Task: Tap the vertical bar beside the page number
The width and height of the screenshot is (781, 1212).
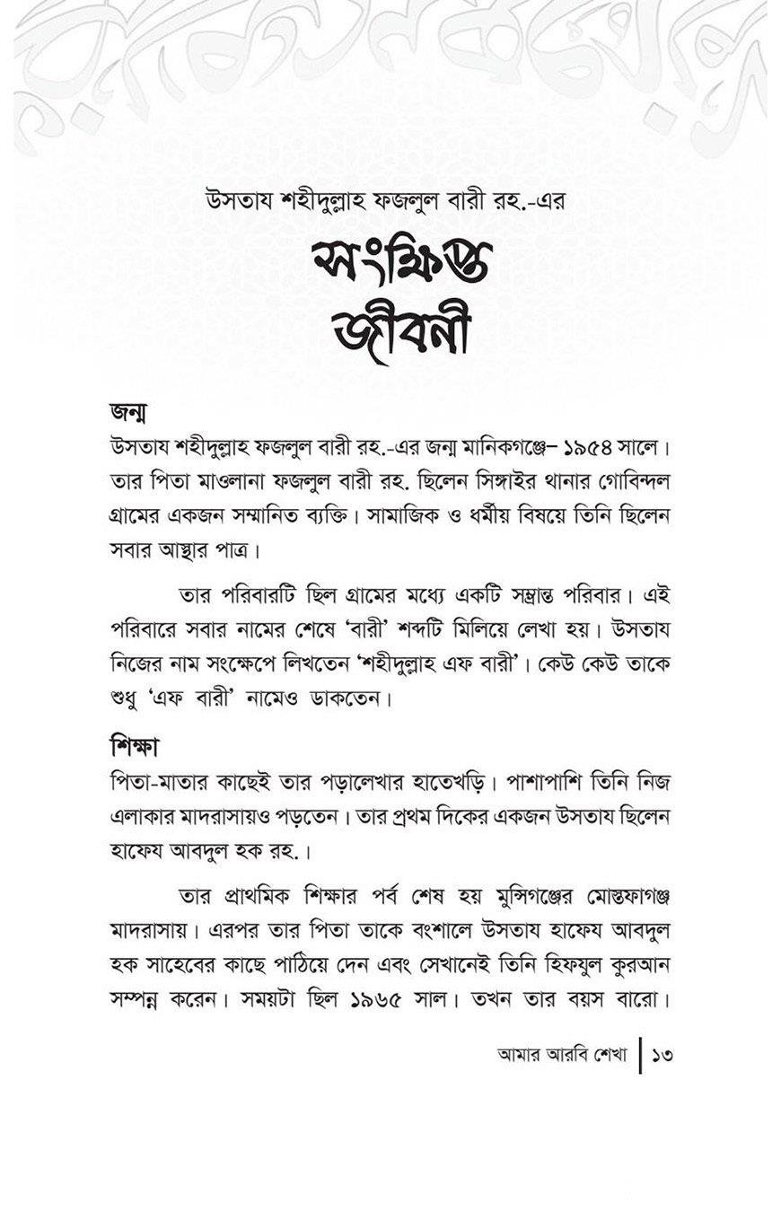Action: pyautogui.click(x=640, y=1056)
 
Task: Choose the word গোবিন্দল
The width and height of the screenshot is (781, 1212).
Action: pyautogui.click(x=628, y=482)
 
